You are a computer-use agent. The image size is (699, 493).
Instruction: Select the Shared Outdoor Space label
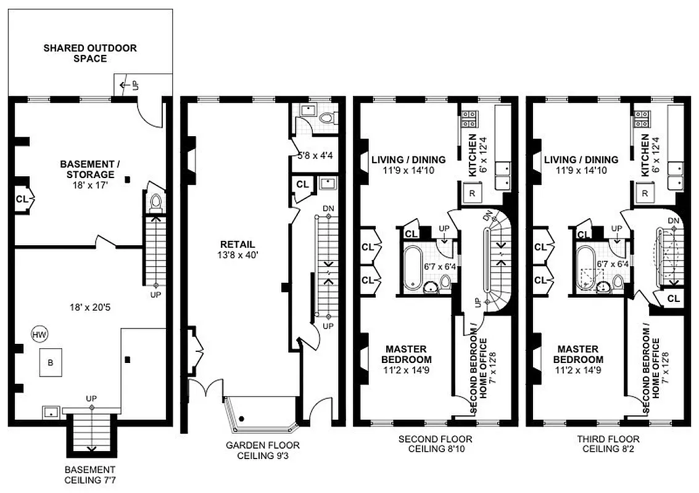90,53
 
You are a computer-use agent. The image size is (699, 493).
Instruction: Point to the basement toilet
155,202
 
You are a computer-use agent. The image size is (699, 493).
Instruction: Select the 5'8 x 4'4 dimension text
315,156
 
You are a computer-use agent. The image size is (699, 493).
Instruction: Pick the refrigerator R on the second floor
472,194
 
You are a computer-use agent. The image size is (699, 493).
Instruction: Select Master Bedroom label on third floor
578,354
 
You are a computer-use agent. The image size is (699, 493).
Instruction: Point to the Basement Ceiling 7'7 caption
89,473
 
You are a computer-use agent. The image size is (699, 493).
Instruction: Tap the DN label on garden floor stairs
328,208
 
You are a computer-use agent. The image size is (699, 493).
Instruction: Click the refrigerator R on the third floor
645,194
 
